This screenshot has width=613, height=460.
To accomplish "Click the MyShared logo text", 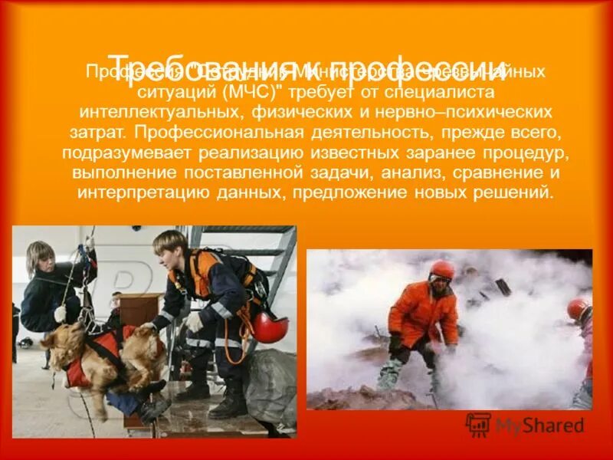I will [539, 426].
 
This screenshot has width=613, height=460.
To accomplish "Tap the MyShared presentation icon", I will [478, 425].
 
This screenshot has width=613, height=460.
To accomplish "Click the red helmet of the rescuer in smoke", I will [442, 270].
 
